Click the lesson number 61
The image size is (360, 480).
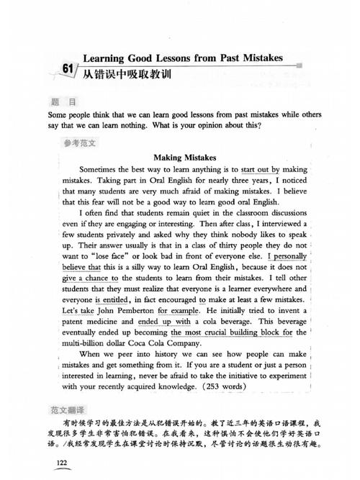click(x=68, y=69)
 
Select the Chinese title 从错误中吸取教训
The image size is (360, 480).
click(x=126, y=74)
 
